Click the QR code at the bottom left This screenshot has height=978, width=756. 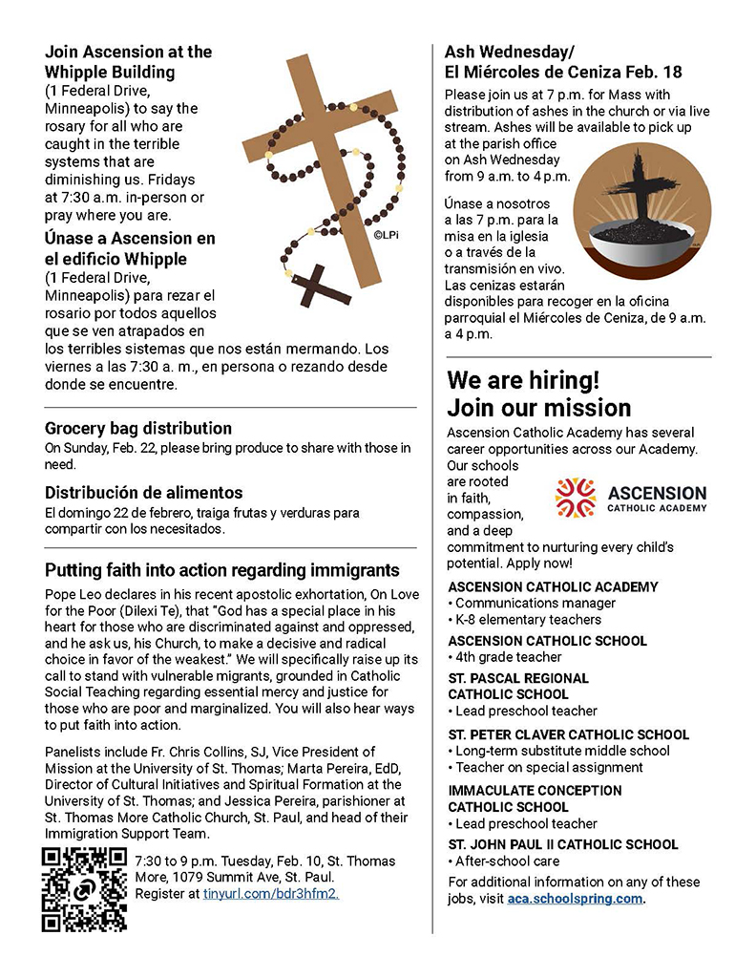click(x=84, y=888)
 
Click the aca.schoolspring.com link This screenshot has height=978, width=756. click(x=575, y=899)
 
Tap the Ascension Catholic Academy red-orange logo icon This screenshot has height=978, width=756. click(x=576, y=497)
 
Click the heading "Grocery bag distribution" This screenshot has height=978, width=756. click(x=138, y=429)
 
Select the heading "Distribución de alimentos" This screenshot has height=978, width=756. click(x=144, y=493)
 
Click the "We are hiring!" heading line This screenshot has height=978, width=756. click(x=524, y=380)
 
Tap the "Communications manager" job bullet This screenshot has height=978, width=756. click(x=535, y=603)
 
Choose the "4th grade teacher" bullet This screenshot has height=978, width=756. click(x=508, y=657)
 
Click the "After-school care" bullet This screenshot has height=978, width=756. click(x=507, y=861)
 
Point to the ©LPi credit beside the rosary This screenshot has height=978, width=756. click(x=385, y=233)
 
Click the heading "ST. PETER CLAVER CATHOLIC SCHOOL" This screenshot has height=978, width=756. click(x=568, y=734)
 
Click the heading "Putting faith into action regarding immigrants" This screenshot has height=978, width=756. click(x=222, y=571)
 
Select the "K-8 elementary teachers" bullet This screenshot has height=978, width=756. click(x=528, y=619)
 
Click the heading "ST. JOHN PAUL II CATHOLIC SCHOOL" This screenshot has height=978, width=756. click(x=563, y=844)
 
